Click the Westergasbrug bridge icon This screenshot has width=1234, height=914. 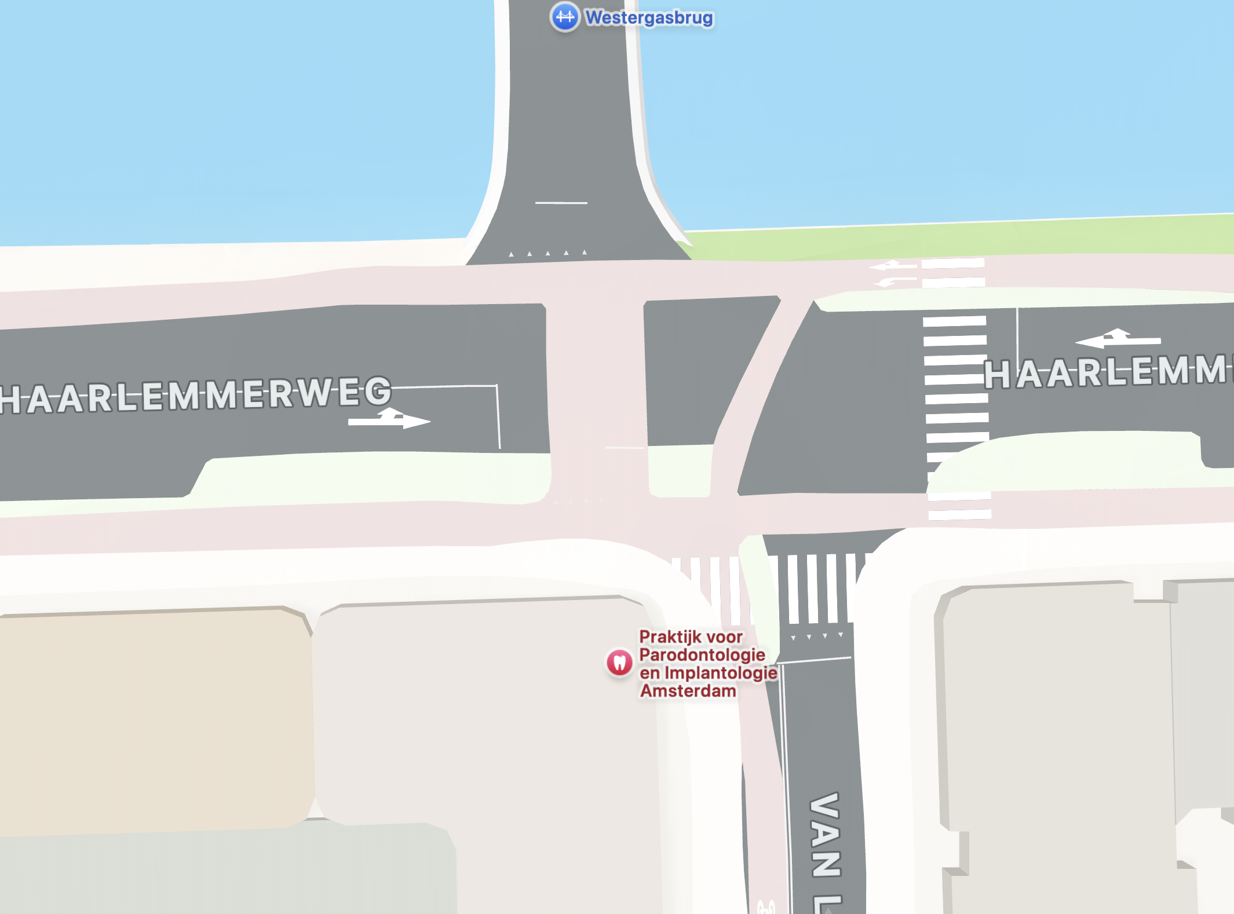coord(564,17)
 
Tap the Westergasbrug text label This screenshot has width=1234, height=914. coord(649,18)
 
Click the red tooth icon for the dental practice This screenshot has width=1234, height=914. coord(619,662)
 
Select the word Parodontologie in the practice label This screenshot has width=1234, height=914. coord(702,655)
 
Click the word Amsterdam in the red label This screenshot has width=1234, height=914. coord(688,691)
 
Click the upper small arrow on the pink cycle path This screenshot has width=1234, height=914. coord(892,266)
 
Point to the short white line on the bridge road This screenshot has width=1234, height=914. coord(561,203)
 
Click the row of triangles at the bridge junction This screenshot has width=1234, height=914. coord(547,253)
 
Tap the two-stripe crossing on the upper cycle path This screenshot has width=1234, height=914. coord(953,273)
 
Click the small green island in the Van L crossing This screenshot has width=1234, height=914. coord(759,585)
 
